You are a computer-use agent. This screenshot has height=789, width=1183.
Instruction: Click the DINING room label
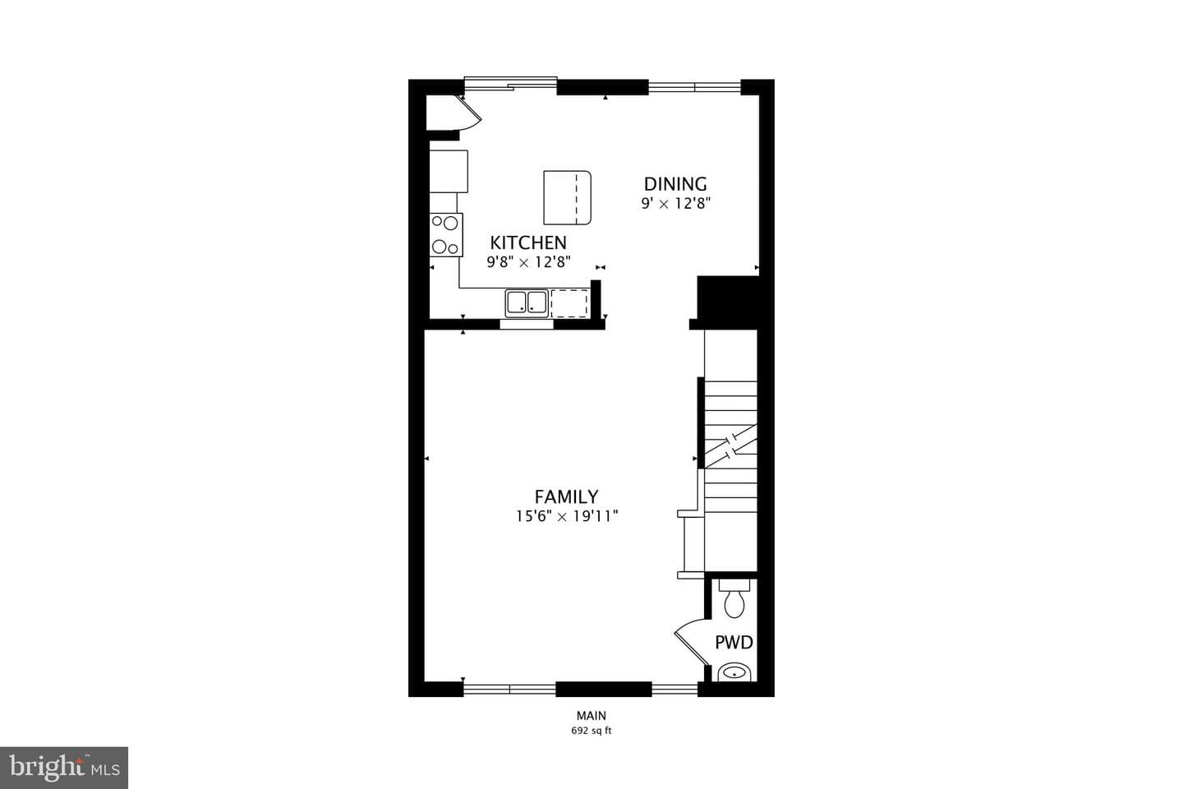pyautogui.click(x=675, y=184)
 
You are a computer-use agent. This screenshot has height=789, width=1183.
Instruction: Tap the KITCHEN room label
pyautogui.click(x=528, y=242)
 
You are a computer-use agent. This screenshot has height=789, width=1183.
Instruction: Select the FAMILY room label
pyautogui.click(x=566, y=496)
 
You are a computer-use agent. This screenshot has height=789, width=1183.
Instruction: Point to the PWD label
pyautogui.click(x=734, y=643)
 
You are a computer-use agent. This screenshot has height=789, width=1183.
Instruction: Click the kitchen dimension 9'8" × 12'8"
pyautogui.click(x=529, y=261)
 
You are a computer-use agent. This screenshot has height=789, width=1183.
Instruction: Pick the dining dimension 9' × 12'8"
pyautogui.click(x=675, y=203)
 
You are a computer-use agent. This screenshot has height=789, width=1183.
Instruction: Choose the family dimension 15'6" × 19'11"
pyautogui.click(x=567, y=516)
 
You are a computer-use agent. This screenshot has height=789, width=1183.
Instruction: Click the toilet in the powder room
pyautogui.click(x=734, y=598)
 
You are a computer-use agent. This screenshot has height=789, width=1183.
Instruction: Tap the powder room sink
pyautogui.click(x=734, y=672)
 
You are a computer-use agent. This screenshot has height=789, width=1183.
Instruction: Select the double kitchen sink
pyautogui.click(x=527, y=302)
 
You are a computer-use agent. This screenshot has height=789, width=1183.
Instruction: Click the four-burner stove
pyautogui.click(x=446, y=234)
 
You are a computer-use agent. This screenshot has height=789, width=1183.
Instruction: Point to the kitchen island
pyautogui.click(x=567, y=197)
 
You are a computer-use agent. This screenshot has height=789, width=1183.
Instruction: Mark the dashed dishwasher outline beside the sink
pyautogui.click(x=569, y=303)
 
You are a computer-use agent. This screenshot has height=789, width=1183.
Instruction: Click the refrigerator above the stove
pyautogui.click(x=449, y=171)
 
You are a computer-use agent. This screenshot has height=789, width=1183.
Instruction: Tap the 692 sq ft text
pyautogui.click(x=591, y=731)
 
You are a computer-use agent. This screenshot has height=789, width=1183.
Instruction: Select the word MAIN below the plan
pyautogui.click(x=591, y=716)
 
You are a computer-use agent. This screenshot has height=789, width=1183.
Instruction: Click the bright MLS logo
pyautogui.click(x=64, y=768)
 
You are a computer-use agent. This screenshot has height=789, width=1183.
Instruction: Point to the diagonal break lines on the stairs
pyautogui.click(x=731, y=446)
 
